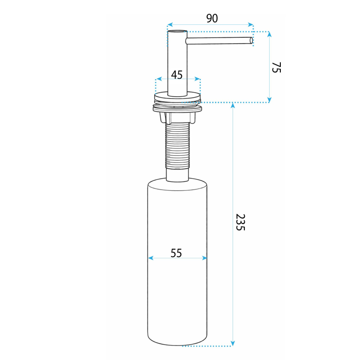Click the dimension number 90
coord(212,18)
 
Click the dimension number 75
coord(276,67)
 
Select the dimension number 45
coord(177,75)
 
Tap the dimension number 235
coord(241,222)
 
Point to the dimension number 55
coord(176,253)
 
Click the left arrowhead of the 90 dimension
coord(170,25)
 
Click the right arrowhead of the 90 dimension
coord(251,25)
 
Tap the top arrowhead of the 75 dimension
coord(270,34)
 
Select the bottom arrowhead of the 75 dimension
coord(270,99)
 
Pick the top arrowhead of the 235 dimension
coord(233,105)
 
